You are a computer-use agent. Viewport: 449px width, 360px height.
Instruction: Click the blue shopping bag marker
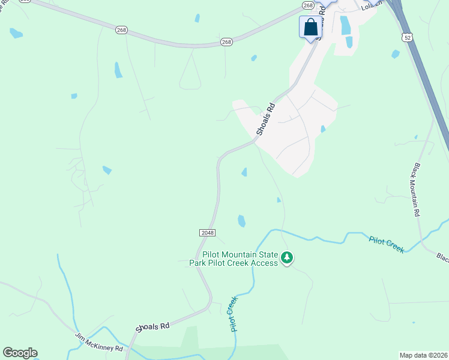[310, 27]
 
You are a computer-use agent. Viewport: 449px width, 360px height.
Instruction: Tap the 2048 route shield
[206, 232]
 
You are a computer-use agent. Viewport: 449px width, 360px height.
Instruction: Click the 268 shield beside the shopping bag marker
[308, 5]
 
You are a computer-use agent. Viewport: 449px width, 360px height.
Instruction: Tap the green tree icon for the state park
[288, 258]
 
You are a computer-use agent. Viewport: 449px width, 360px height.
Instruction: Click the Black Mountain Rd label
[415, 189]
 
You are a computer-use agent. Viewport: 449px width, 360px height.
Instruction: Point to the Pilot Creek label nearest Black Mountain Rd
[386, 244]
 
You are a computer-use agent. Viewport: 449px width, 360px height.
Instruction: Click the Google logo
[20, 353]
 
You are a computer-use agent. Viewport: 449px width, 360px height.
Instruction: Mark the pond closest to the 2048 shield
[241, 221]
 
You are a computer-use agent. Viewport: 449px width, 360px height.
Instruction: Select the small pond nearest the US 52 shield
[395, 54]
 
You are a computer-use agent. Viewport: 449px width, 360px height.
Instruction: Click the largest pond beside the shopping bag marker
[345, 25]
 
